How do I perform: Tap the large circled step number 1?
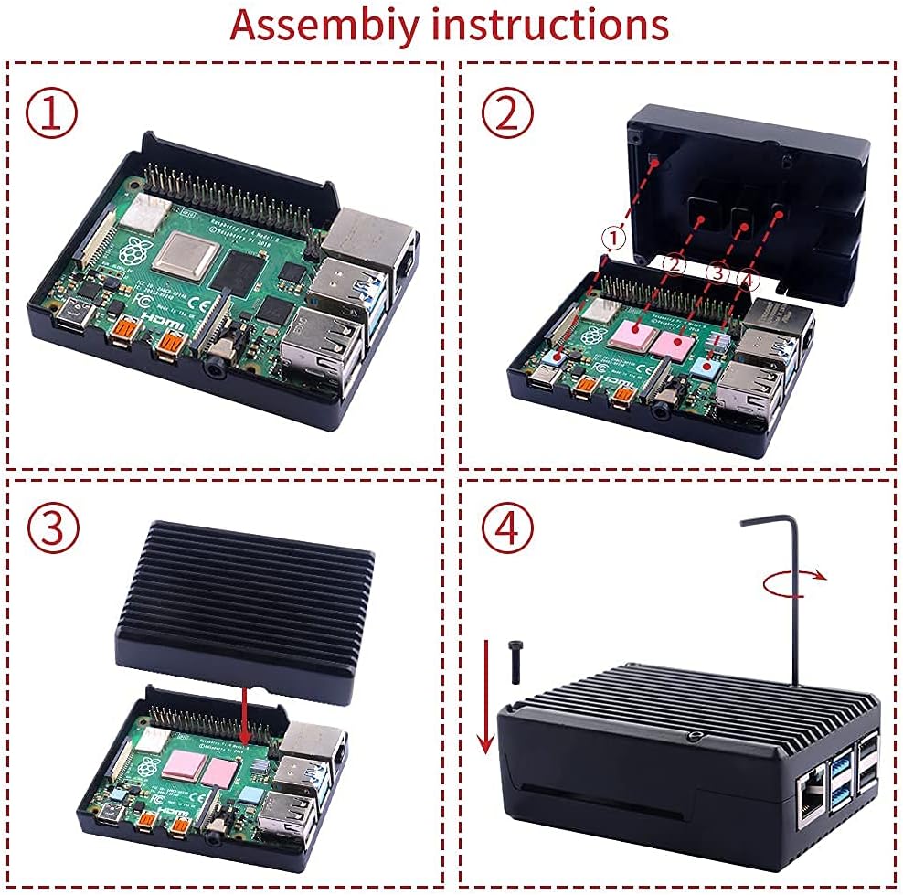(x=51, y=112)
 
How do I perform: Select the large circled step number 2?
(x=506, y=112)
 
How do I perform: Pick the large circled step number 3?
(x=52, y=527)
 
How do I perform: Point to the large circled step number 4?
(x=506, y=527)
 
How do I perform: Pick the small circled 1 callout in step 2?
(x=615, y=238)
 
